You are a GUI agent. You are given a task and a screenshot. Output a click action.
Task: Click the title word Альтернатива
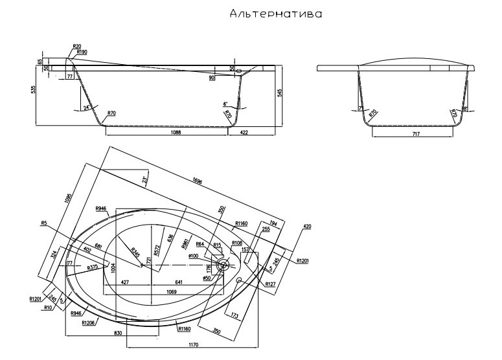[275, 14]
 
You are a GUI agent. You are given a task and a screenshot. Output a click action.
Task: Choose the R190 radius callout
[82, 52]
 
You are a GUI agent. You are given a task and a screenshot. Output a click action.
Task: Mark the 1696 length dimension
[196, 182]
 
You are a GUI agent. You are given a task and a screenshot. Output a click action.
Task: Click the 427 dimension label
[124, 283]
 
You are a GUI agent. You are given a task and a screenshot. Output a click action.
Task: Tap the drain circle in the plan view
[222, 265]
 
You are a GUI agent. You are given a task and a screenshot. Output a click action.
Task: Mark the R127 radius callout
[270, 284]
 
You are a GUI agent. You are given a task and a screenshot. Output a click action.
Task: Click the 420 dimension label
[307, 227]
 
